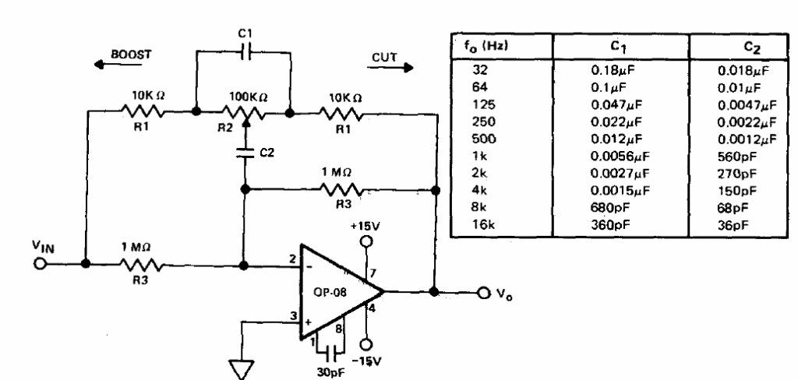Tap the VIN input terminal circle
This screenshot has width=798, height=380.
tap(40, 265)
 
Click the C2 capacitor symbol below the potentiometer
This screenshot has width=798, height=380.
tap(245, 152)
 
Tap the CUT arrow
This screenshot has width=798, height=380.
tap(390, 67)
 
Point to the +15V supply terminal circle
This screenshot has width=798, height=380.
tap(365, 241)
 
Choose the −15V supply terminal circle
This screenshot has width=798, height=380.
tap(365, 344)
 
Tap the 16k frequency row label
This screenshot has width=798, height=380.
tap(480, 224)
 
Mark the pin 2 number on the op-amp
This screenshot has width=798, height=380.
tap(293, 259)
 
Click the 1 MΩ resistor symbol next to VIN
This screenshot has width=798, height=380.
tap(142, 265)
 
